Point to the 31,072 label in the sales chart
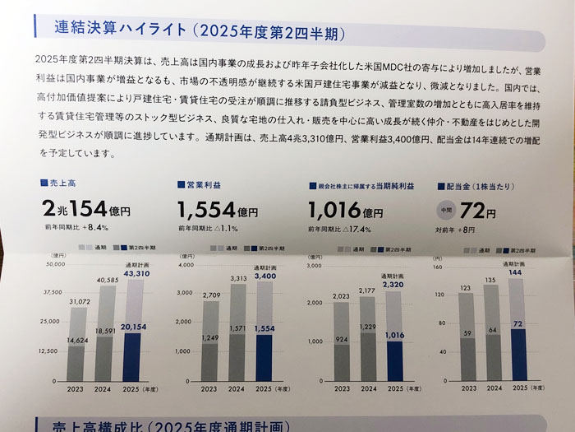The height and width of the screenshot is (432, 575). pyautogui.click(x=79, y=302)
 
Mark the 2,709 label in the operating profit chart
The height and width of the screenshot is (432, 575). pyautogui.click(x=213, y=294)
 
